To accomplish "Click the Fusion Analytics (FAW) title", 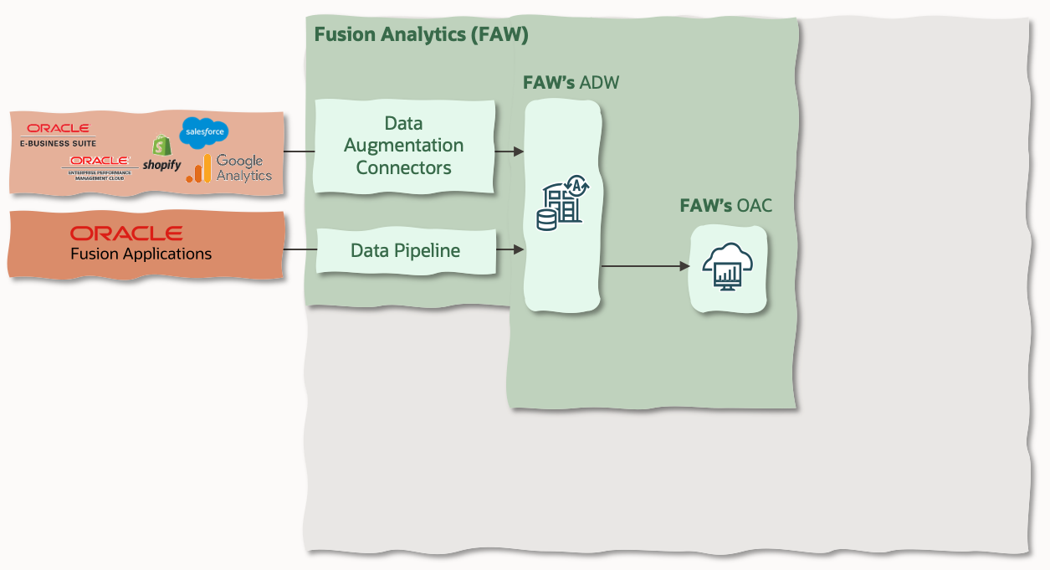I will pos(421,35).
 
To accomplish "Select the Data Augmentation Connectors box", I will pos(404,146).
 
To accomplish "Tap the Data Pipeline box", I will pos(405,250).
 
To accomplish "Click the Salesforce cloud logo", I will pos(204,131).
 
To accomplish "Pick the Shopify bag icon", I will pos(161,146).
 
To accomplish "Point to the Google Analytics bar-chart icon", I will pos(198,169).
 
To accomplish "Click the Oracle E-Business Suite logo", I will pos(58,134).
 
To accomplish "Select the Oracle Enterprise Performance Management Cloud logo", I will pos(100,167).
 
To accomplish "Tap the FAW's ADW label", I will pos(571,83).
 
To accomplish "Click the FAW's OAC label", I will pos(725,205).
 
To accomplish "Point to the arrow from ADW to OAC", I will pos(644,266).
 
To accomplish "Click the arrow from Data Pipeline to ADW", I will pos(510,249).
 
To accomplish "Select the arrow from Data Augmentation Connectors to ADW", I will pos(510,151).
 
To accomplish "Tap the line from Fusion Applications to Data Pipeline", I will pos(300,249).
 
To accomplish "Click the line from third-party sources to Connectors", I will pos(300,151).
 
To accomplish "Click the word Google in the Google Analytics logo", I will pos(239,161).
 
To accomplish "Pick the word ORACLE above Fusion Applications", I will pos(126,233).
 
